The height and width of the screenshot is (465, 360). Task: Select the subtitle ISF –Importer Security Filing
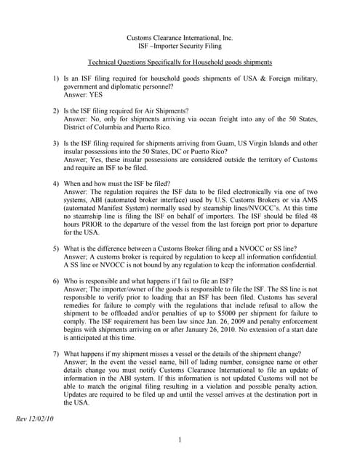click(180, 46)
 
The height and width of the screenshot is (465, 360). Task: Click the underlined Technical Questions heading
click(180, 63)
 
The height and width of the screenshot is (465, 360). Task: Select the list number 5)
click(56, 248)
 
